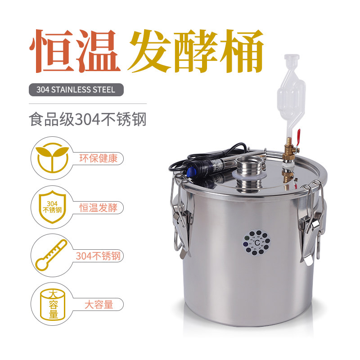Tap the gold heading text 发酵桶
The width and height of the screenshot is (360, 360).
(x=196, y=52)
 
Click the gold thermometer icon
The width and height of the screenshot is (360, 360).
(x=50, y=255)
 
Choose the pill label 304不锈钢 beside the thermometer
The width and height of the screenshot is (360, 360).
(x=98, y=256)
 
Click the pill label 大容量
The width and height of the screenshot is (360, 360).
(x=98, y=304)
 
